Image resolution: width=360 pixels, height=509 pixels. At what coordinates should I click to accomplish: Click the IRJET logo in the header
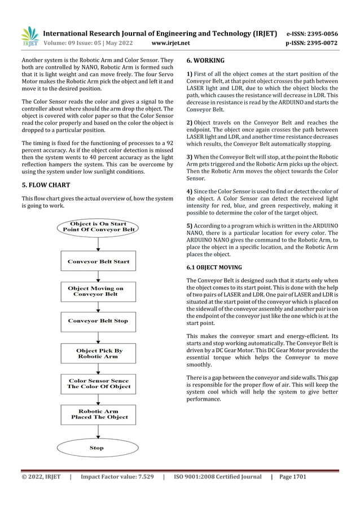tap(29, 37)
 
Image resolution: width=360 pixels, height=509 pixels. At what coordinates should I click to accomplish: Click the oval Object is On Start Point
tap(98, 227)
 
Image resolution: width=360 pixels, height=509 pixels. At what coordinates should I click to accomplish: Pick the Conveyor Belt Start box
tap(98, 261)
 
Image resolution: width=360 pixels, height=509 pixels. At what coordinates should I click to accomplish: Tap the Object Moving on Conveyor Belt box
tap(98, 291)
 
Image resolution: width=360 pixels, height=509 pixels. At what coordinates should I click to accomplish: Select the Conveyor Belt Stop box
tap(98, 321)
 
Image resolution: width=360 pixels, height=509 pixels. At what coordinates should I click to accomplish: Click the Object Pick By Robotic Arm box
tap(98, 354)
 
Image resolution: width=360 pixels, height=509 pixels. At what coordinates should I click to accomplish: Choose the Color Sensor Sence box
tap(98, 384)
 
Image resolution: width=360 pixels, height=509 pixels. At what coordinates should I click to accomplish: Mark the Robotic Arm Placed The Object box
tap(98, 414)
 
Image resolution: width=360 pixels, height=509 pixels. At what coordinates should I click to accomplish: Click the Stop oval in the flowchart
tap(97, 447)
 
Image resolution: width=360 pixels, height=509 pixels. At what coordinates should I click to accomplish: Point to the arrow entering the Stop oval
tap(98, 433)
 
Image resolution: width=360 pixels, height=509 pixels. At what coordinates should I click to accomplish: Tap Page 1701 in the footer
tap(292, 477)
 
